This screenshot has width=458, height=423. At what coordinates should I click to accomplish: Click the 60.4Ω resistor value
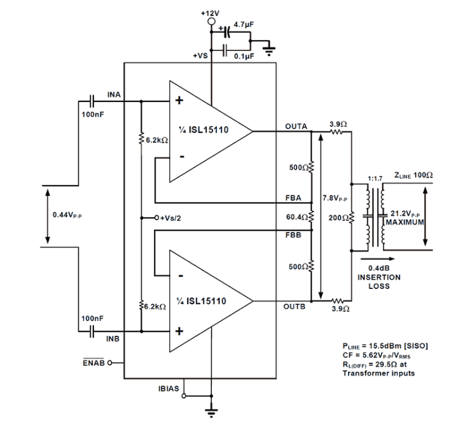(x=297, y=217)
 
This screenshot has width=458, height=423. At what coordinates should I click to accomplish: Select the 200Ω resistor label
(x=337, y=217)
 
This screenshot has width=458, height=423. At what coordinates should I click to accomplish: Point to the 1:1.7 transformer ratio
(x=375, y=178)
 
